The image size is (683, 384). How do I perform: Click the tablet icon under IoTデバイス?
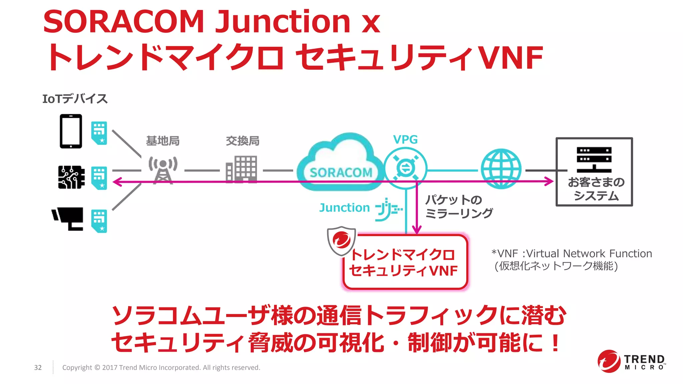point(71,131)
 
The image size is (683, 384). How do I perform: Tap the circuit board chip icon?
point(71,177)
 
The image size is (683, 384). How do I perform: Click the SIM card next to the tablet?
point(99,133)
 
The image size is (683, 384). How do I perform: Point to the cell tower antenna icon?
point(163,170)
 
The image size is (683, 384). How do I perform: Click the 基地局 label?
point(163,141)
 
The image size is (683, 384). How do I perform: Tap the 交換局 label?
point(242,141)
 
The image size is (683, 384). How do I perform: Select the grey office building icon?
point(241,169)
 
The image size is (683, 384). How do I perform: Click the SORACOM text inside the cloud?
point(340,173)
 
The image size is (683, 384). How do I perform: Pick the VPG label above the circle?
point(405,139)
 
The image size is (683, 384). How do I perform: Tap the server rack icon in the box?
point(594,159)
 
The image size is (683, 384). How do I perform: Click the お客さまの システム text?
point(596,189)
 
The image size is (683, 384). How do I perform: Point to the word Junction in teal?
point(345,208)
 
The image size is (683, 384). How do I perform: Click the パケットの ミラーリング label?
point(459,206)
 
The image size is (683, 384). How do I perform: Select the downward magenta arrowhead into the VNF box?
point(417,230)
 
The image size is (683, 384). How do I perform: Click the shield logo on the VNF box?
point(341,240)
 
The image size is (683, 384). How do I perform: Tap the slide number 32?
point(38,367)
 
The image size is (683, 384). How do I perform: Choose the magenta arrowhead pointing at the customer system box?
point(549,182)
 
